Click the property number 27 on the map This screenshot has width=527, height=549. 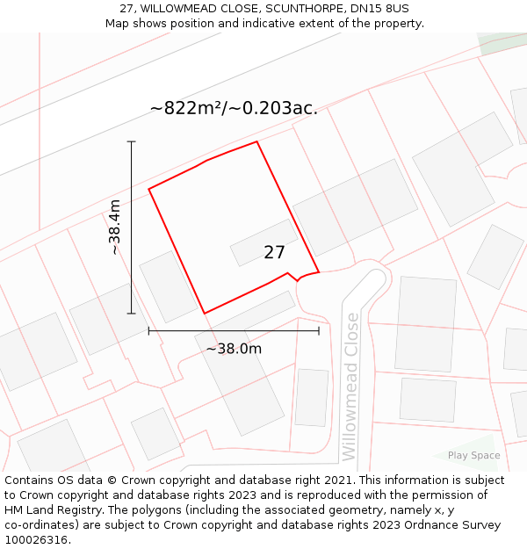tap(274, 253)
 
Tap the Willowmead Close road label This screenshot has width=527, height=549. tap(350, 386)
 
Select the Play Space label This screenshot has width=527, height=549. tap(473, 455)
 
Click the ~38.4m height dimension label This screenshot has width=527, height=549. tap(114, 227)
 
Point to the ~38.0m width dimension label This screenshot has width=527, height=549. tap(234, 349)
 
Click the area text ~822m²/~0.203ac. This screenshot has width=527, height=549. tap(234, 108)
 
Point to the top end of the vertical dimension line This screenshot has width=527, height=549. tap(132, 141)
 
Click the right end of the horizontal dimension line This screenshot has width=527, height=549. tap(319, 330)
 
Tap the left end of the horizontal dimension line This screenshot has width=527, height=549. tap(148, 330)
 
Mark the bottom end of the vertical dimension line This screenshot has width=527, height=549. tap(132, 314)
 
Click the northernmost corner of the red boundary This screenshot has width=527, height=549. tap(256, 141)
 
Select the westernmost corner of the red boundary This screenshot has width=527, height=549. tap(148, 189)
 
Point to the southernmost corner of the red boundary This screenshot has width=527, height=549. tap(205, 314)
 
